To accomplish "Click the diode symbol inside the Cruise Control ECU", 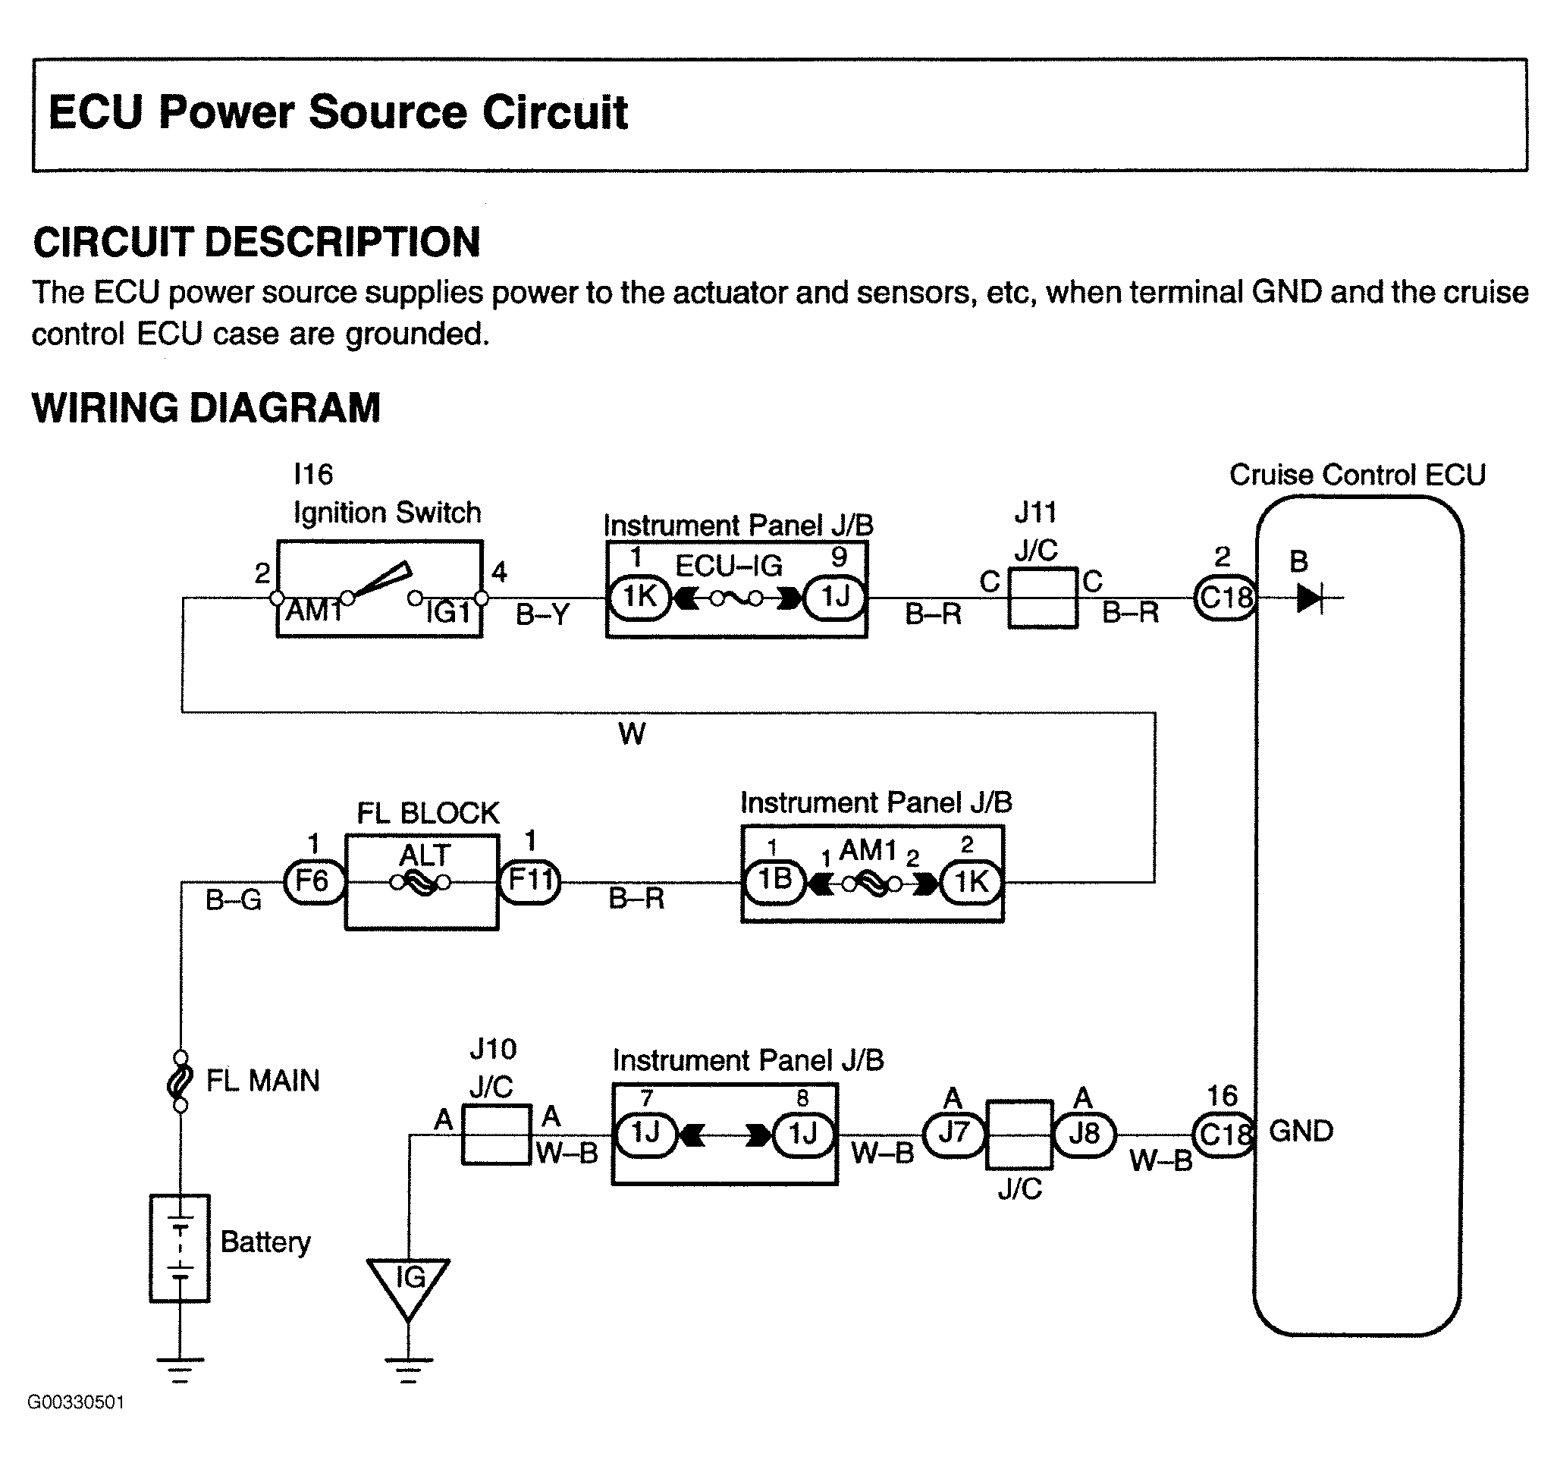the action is (x=1310, y=598).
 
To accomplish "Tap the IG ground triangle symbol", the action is (x=408, y=1289).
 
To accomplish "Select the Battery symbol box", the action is (x=179, y=1248).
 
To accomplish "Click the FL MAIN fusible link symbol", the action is (x=180, y=1081).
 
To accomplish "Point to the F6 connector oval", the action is (x=313, y=882).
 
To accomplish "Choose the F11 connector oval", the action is (x=530, y=882).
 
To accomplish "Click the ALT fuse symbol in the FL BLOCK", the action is (x=421, y=884).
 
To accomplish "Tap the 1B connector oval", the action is (x=774, y=881).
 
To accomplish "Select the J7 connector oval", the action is (x=954, y=1134).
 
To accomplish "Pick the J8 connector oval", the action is (x=1084, y=1134).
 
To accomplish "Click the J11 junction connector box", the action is (x=1043, y=598).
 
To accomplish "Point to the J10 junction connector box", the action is (x=497, y=1134).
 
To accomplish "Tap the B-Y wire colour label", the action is (x=542, y=616).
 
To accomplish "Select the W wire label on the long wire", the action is (x=632, y=734).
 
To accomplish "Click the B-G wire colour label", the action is (x=234, y=900).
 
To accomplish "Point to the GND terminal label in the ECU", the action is (x=1301, y=1131).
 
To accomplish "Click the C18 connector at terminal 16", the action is (x=1223, y=1135).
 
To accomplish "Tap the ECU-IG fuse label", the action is (x=728, y=566).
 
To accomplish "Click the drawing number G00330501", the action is (x=76, y=1402).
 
